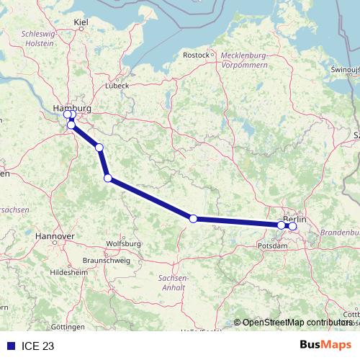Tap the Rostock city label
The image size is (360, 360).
coord(196,55)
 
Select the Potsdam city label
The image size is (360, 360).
coord(271,246)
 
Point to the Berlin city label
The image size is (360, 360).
coord(294,218)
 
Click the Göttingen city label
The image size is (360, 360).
coord(68,326)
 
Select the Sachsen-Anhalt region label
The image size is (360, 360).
coord(173,282)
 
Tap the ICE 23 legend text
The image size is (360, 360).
coord(38,346)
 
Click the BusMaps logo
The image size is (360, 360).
coord(325,346)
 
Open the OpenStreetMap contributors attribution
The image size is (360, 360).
coord(297,323)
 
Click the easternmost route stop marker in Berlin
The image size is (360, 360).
coord(292,226)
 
